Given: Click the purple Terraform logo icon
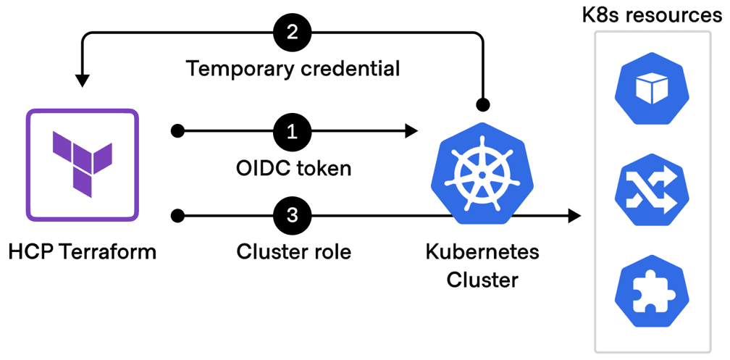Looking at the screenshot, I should (82, 165).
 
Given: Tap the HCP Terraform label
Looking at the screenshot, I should (82, 252).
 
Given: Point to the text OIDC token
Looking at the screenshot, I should (293, 168).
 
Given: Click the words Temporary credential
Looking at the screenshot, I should (293, 69).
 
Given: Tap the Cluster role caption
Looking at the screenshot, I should (293, 252).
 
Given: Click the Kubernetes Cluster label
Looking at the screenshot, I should (482, 265).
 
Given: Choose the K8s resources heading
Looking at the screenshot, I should (653, 14).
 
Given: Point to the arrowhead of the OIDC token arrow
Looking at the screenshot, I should (412, 131).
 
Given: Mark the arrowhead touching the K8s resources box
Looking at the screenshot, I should (575, 215).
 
